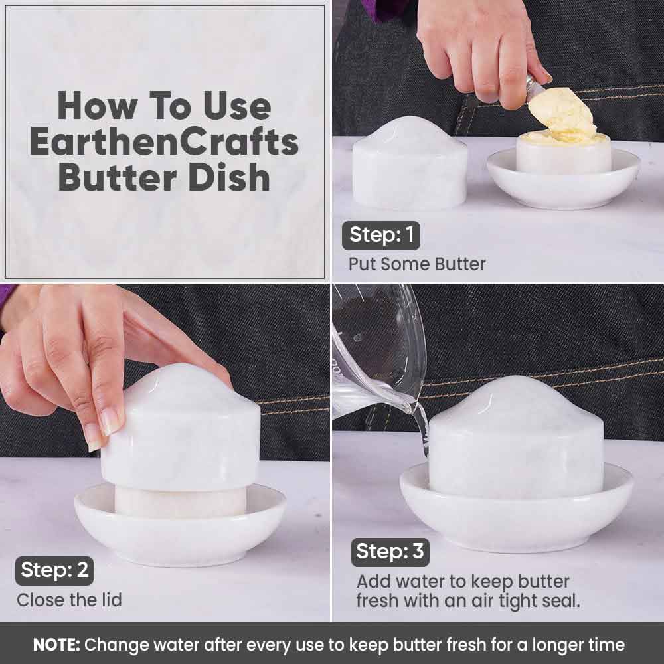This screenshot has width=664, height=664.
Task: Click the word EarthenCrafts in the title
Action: tap(164, 142)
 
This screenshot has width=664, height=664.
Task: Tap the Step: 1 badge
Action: tap(380, 236)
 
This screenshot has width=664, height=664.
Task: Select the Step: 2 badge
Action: tap(54, 570)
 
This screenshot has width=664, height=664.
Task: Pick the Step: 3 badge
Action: tap(390, 552)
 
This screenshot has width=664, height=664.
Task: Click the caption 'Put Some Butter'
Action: tap(417, 264)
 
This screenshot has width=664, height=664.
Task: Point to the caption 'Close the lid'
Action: tap(70, 600)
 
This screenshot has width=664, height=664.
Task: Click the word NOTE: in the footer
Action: tap(56, 645)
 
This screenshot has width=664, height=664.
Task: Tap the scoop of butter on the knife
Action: tap(561, 112)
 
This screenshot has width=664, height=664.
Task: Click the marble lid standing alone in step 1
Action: tap(410, 164)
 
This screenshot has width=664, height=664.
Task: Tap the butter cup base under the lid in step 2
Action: tap(181, 502)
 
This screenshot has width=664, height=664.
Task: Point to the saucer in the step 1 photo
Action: tap(563, 180)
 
